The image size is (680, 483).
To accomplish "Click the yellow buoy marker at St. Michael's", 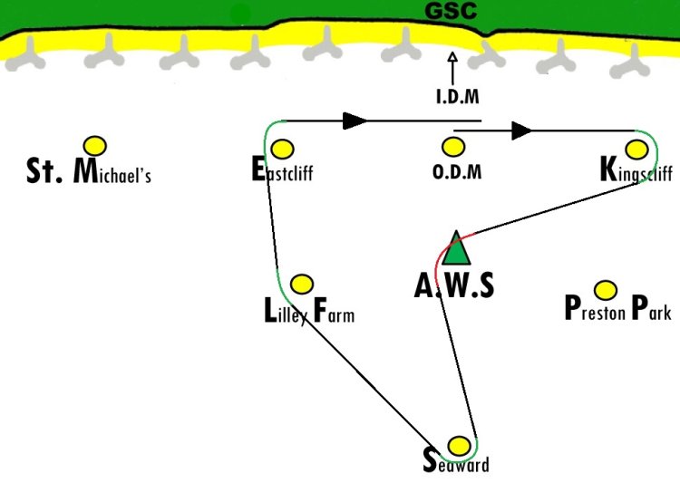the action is (95, 146).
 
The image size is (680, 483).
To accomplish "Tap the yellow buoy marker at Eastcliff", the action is (282, 150).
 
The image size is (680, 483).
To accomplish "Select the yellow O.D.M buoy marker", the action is (453, 147).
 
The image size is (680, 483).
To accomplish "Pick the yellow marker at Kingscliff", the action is (636, 150).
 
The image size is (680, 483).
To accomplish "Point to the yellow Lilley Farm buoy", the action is (302, 284).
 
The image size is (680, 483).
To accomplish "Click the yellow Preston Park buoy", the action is (606, 290).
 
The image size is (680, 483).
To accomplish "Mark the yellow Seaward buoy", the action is (459, 446).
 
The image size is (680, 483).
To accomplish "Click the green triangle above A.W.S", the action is (456, 248).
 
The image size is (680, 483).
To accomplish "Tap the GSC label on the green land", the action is (451, 11).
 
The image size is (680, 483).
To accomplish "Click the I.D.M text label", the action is (458, 97).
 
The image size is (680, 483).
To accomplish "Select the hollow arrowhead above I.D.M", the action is (452, 57).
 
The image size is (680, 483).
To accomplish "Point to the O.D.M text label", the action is (457, 171).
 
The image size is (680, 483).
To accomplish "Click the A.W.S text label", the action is (454, 285).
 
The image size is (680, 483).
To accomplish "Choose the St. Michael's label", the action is (89, 170).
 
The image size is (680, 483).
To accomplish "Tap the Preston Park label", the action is (618, 308).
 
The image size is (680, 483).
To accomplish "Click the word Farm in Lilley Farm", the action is (334, 311).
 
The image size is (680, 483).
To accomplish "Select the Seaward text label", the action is (456, 461).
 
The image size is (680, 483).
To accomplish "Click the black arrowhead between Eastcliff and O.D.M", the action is (355, 121).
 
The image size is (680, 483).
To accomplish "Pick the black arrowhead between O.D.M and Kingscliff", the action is (521, 130).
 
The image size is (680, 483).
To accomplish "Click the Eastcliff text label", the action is (282, 169).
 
